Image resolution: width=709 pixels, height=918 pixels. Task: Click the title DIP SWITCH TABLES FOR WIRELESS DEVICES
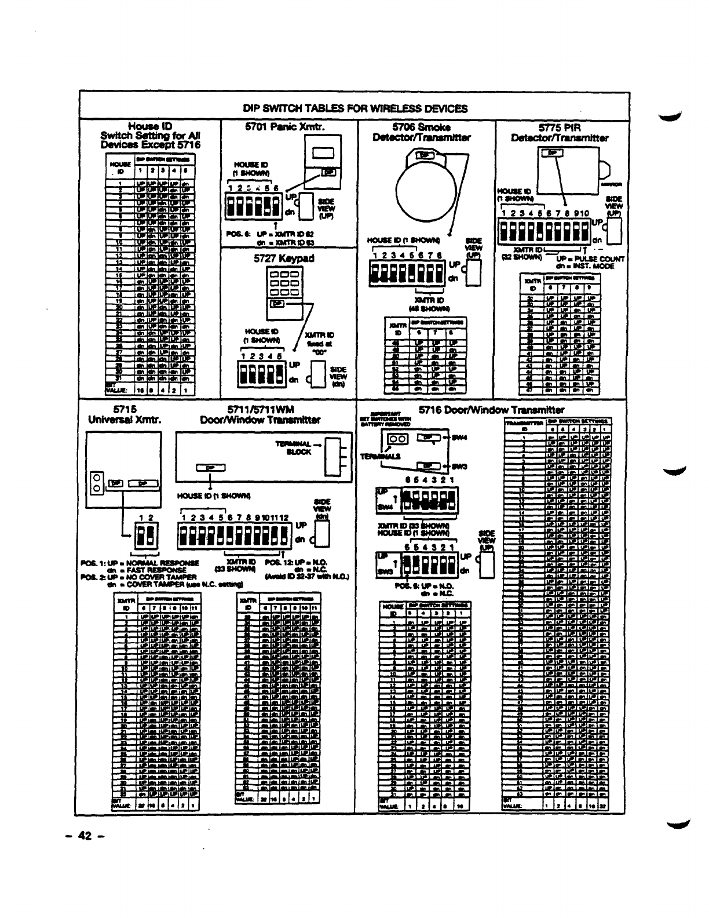(x=355, y=108)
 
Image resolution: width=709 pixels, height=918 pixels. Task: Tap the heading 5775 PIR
(x=559, y=128)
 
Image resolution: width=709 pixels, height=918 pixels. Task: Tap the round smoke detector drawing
(x=420, y=184)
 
